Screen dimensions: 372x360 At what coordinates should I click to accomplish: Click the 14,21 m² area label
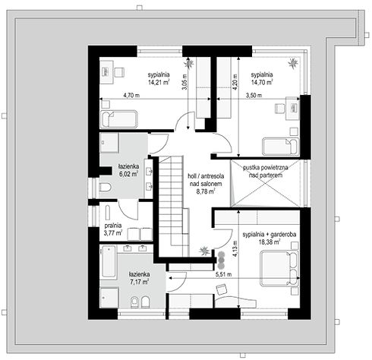(159, 82)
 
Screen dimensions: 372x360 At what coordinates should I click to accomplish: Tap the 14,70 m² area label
(262, 82)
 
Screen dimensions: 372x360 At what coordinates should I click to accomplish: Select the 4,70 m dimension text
(131, 96)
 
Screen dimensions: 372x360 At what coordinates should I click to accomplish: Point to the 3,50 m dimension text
(254, 96)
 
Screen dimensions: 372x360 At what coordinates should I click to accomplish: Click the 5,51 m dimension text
(223, 274)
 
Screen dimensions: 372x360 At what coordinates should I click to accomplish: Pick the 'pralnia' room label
(113, 226)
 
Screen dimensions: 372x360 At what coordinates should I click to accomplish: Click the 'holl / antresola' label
(206, 176)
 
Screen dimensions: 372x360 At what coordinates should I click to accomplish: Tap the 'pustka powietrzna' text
(266, 168)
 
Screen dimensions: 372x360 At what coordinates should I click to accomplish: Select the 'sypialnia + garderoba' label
(270, 235)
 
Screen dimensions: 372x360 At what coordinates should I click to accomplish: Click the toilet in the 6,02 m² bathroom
(106, 188)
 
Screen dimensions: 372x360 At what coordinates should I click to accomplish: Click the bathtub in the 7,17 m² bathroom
(109, 261)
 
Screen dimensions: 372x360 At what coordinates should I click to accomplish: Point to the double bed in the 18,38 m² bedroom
(280, 268)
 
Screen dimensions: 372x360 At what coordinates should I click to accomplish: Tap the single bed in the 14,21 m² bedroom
(119, 119)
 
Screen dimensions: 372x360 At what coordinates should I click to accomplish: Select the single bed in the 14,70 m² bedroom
(281, 147)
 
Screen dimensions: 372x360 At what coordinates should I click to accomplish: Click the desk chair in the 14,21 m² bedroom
(119, 72)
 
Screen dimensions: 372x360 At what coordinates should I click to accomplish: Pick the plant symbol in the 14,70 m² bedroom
(293, 62)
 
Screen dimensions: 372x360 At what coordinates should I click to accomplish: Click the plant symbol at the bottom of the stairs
(203, 251)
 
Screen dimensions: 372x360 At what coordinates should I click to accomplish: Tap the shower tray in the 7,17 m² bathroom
(109, 298)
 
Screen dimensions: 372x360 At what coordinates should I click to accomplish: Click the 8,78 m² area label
(206, 191)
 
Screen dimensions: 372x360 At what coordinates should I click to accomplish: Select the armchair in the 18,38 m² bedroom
(221, 289)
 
